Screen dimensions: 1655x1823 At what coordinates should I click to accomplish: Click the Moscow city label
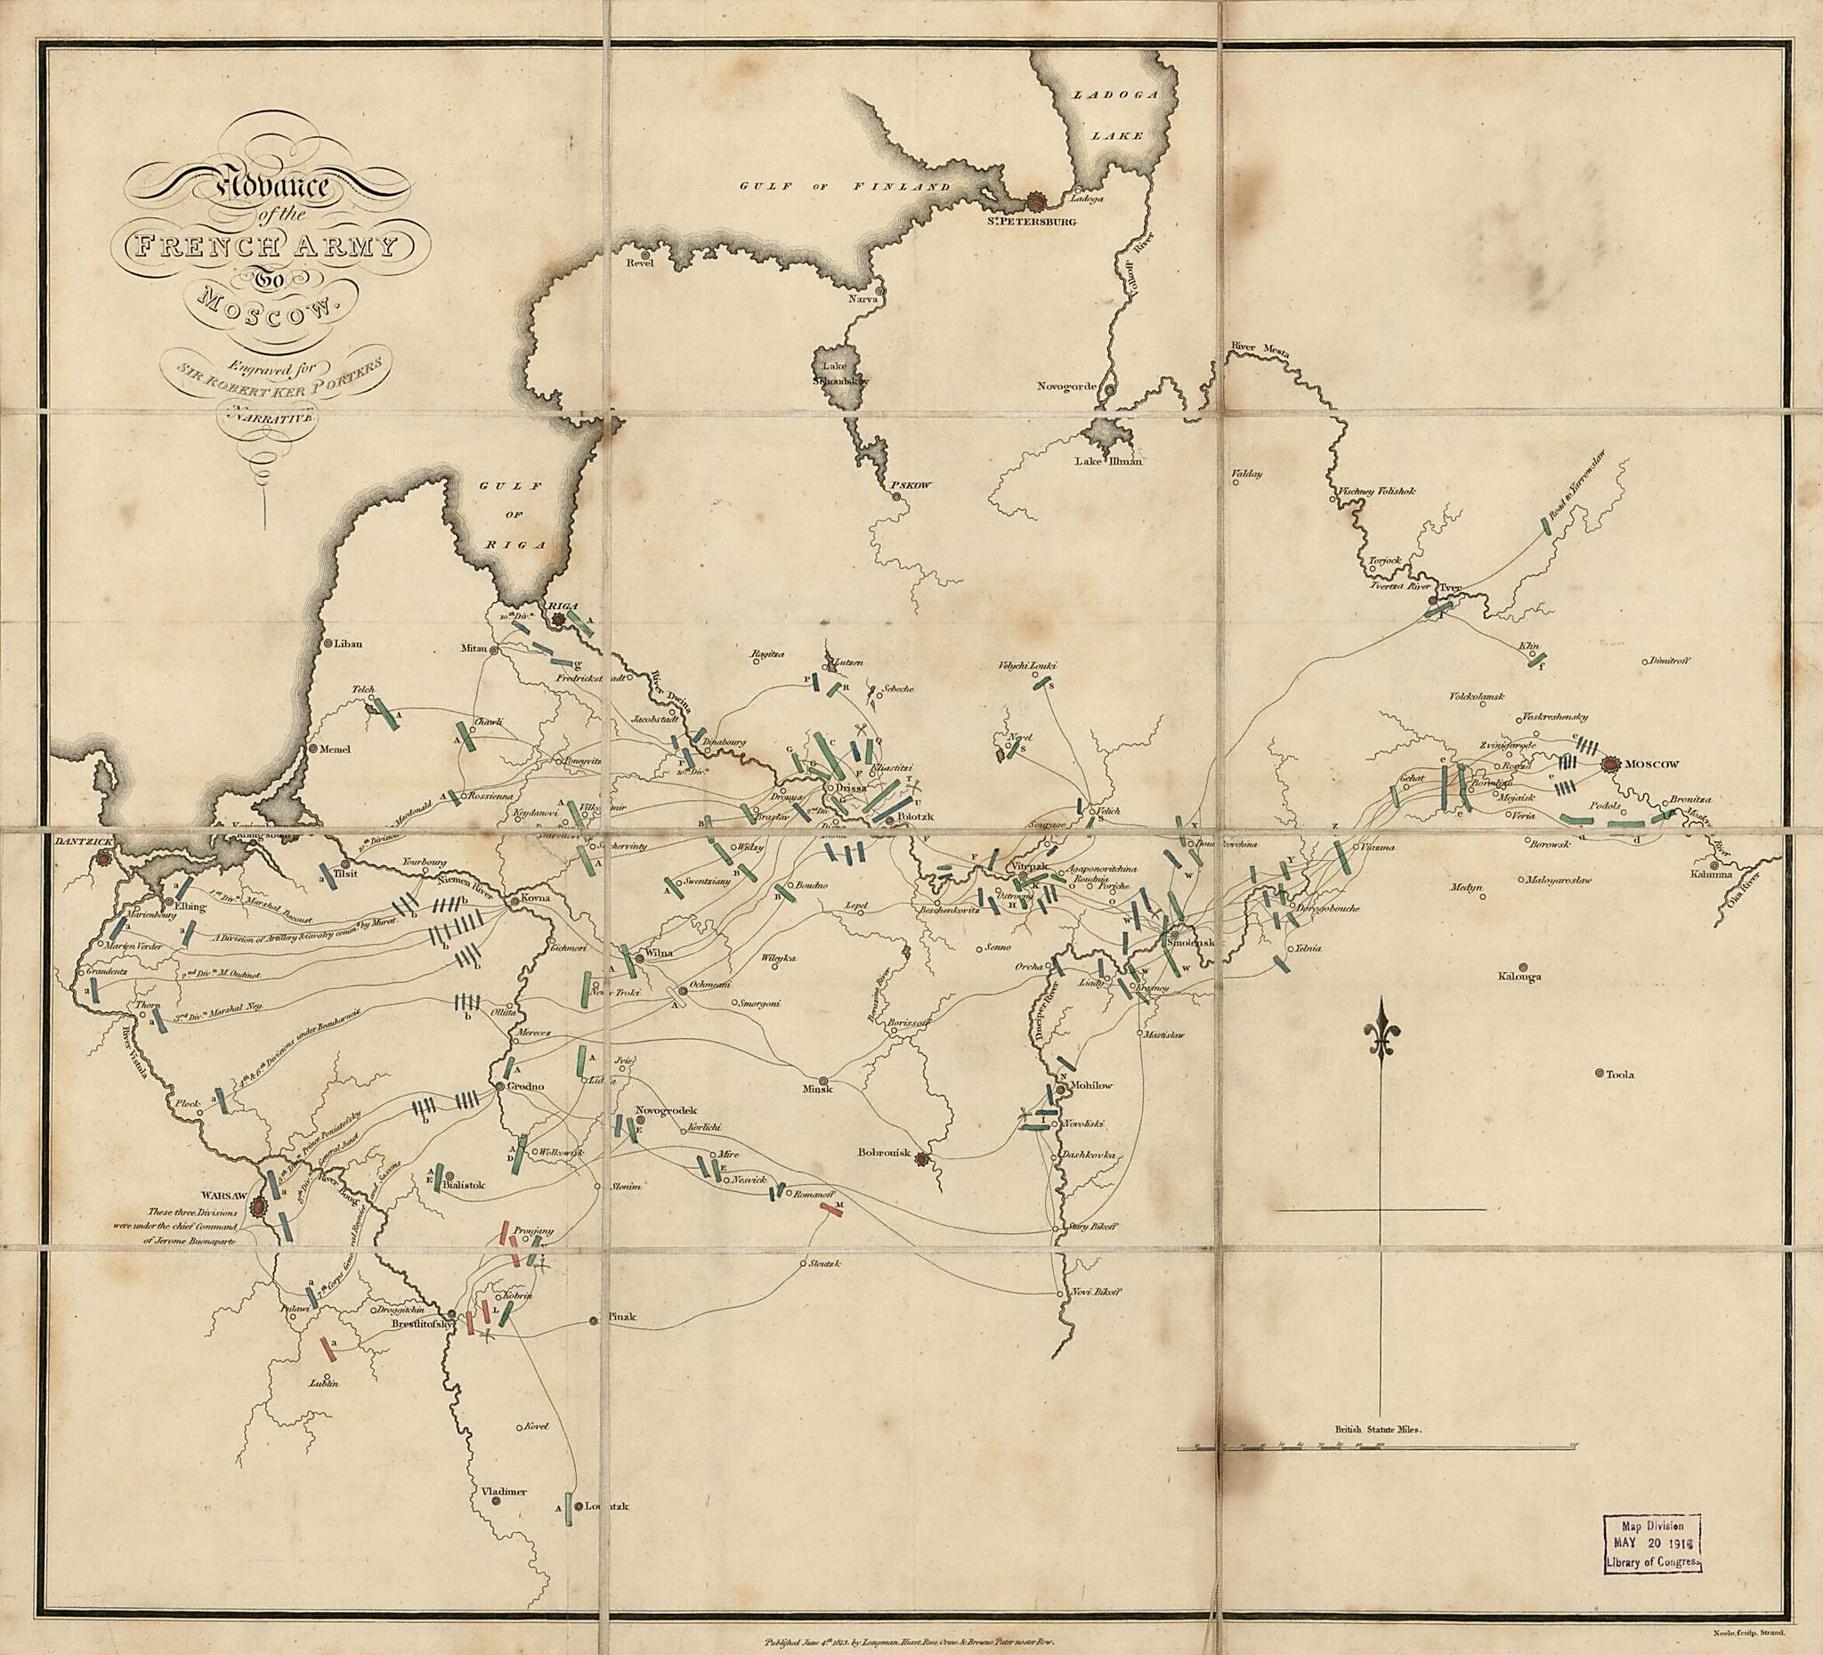(x=1651, y=764)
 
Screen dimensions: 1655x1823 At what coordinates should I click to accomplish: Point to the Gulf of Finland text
(x=845, y=186)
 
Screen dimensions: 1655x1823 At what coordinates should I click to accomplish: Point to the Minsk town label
(x=817, y=1089)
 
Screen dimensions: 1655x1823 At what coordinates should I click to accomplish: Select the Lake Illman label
(x=1108, y=462)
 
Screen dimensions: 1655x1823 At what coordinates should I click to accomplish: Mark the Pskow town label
(x=911, y=484)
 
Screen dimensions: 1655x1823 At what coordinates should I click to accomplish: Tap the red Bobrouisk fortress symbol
(x=921, y=1158)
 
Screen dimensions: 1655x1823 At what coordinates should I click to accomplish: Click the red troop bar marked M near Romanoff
(x=831, y=1210)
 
